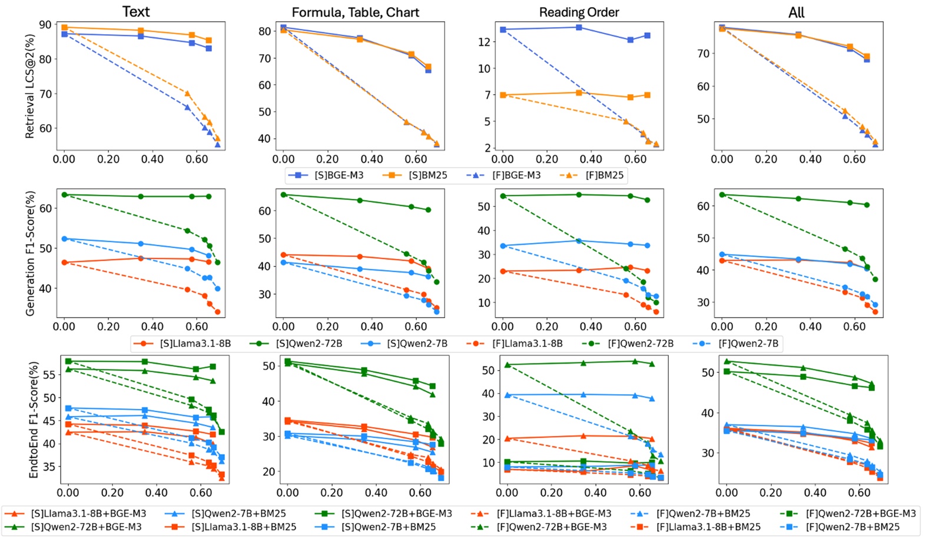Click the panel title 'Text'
(x=136, y=12)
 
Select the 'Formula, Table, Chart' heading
(x=355, y=12)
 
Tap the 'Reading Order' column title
(x=579, y=12)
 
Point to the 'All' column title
(x=796, y=12)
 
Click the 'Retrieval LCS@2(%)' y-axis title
(x=30, y=86)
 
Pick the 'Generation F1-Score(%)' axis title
(x=30, y=253)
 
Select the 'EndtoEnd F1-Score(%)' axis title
(x=34, y=419)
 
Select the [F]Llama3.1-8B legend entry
(x=516, y=343)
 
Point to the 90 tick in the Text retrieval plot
(x=46, y=25)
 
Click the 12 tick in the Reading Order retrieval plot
(x=485, y=42)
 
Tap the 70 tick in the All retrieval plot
(x=703, y=54)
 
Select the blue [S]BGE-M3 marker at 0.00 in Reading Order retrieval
(x=503, y=29)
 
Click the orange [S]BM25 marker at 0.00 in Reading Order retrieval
(x=503, y=95)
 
